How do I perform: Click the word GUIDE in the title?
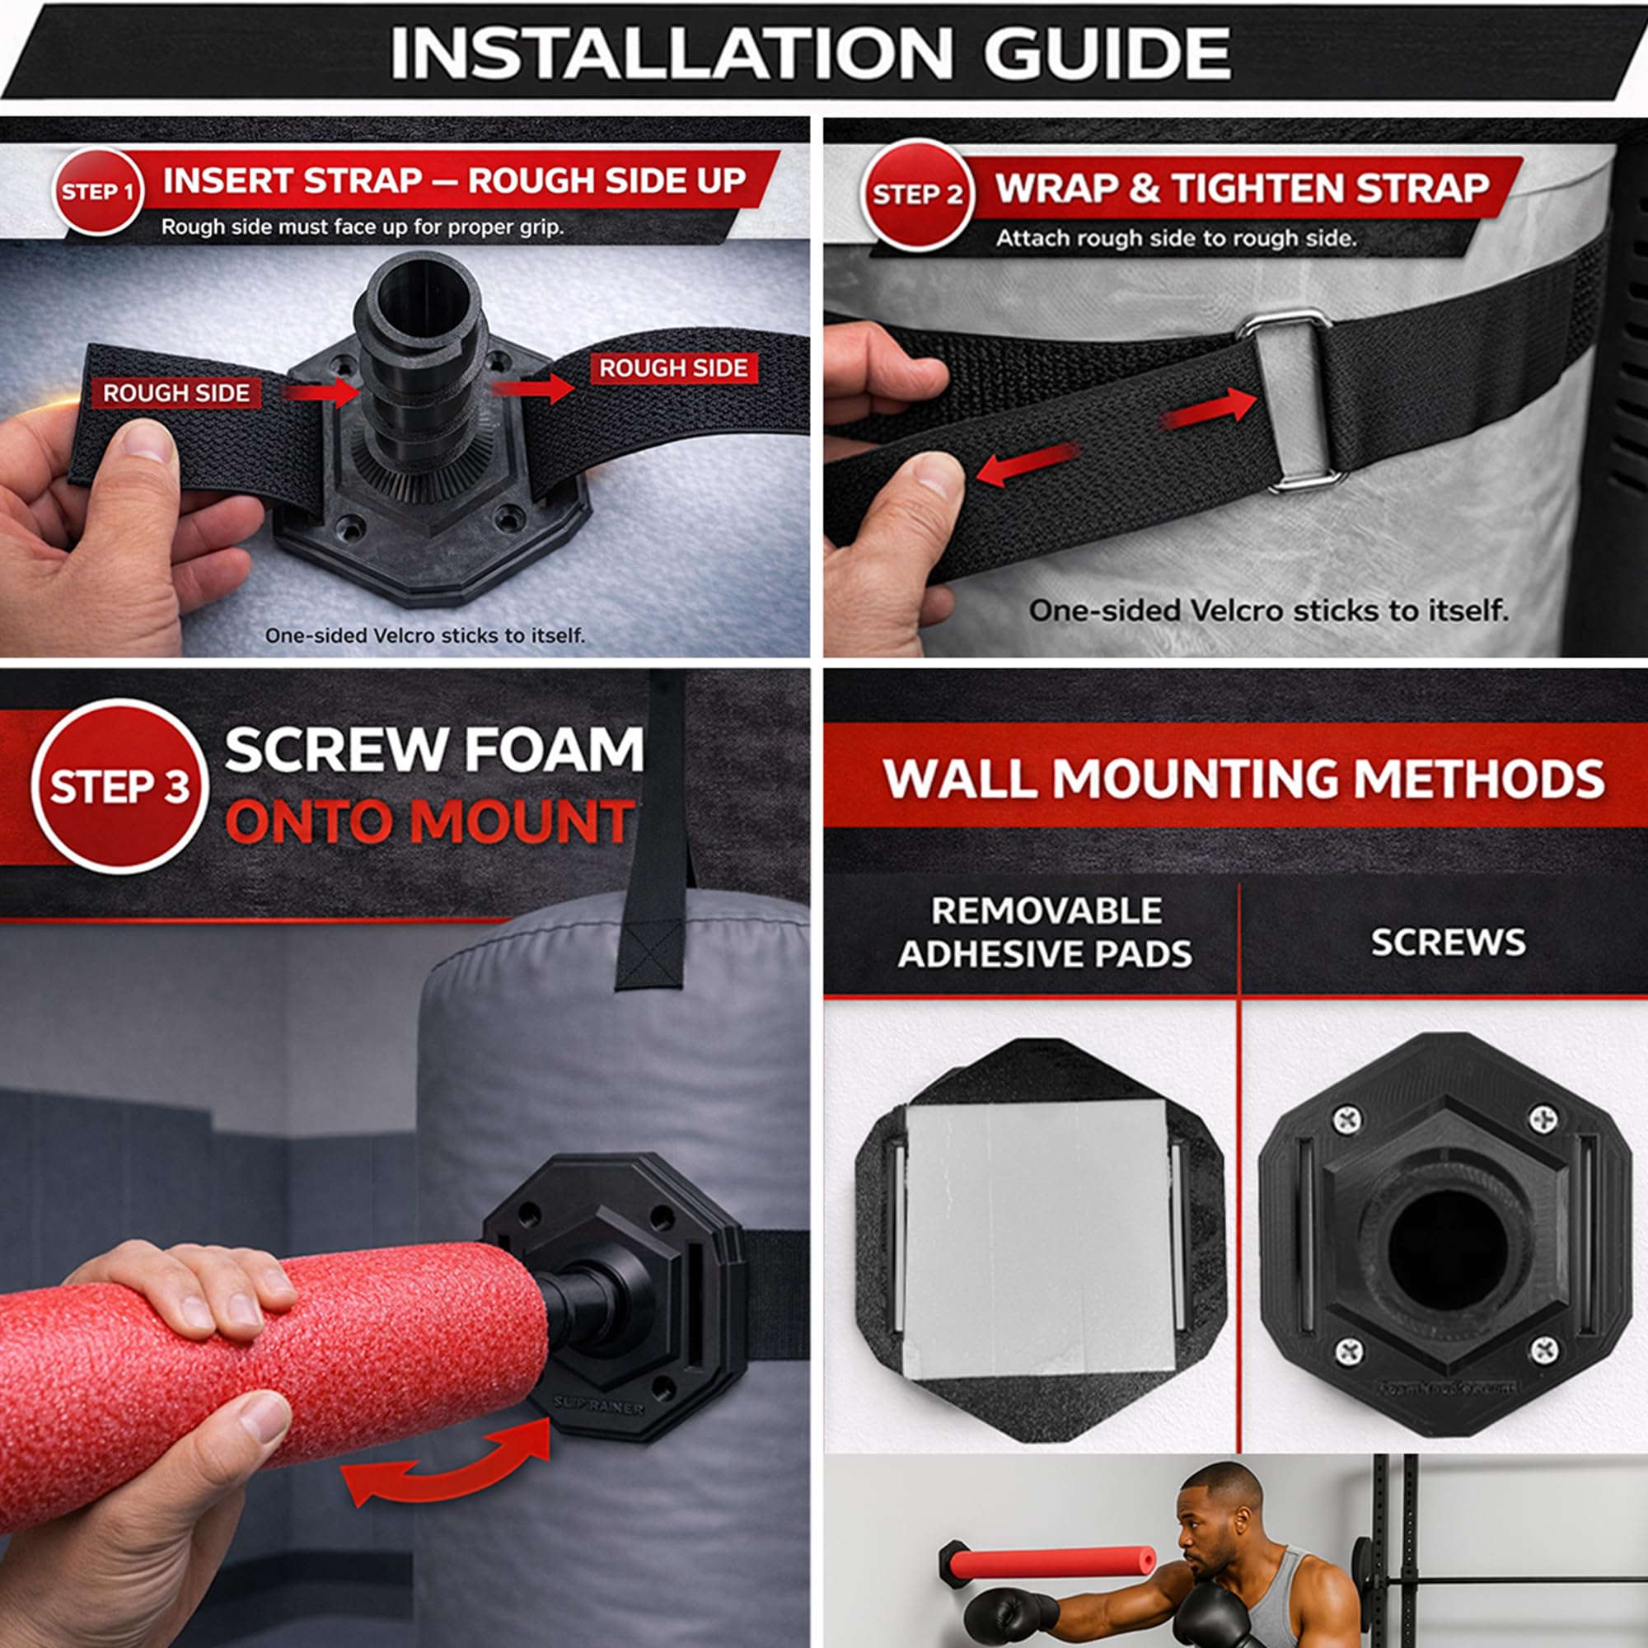pos(1107,53)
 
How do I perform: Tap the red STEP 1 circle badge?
pos(98,191)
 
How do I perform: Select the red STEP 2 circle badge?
pos(917,194)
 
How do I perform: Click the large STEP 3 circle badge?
pos(119,785)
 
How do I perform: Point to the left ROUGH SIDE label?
pos(176,393)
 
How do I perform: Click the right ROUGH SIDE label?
pos(673,368)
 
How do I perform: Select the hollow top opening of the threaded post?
pos(421,294)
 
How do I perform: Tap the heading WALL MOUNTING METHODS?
pos(1243,779)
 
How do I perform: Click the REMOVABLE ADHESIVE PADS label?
pos(1045,932)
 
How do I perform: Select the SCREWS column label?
pos(1448,943)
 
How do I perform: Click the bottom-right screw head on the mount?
pos(1545,1351)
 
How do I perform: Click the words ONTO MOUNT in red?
pos(429,822)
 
